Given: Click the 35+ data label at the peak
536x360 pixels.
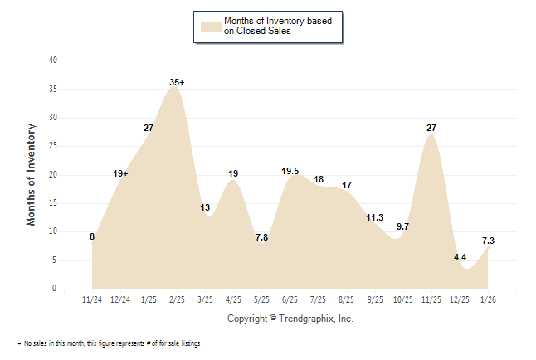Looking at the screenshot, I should [177, 82].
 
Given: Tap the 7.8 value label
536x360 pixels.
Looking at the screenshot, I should [261, 237].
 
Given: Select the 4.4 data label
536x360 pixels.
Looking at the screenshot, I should [460, 257].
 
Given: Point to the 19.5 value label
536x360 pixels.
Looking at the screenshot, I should [291, 171].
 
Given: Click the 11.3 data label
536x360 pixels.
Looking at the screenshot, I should [375, 217].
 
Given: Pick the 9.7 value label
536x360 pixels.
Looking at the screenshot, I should [403, 226].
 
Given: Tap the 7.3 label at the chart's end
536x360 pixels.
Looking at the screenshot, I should [490, 241].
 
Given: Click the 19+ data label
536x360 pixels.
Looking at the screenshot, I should [120, 173].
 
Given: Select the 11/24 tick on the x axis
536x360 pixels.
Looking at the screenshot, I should [92, 299].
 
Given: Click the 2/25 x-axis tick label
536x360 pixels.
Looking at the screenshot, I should [177, 299].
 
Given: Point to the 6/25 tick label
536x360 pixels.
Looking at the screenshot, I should [290, 299].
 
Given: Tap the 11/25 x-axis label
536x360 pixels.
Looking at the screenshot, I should [431, 299].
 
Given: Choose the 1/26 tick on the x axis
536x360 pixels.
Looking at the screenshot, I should [488, 299].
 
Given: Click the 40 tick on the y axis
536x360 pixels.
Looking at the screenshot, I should [53, 61].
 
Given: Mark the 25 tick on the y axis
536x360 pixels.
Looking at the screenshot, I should [53, 146].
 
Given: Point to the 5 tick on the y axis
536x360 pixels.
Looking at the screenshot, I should [55, 260].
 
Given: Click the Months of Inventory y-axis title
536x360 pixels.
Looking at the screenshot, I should [32, 174].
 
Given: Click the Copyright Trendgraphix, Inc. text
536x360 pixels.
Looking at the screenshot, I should [290, 319].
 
